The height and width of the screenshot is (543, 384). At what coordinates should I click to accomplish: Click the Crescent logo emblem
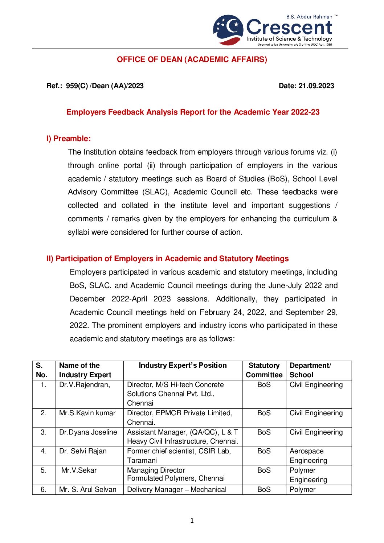pos(228,30)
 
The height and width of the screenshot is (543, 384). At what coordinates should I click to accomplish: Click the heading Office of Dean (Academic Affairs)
pos(192,59)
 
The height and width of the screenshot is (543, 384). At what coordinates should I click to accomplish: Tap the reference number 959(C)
pos(77,86)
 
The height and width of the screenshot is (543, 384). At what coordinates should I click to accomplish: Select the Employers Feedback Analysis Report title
pos(193,112)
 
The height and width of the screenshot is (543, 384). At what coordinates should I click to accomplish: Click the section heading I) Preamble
pos(69,139)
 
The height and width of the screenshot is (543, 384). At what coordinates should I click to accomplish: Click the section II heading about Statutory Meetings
pos(167,259)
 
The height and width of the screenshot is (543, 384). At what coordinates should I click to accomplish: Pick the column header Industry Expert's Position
pos(183,366)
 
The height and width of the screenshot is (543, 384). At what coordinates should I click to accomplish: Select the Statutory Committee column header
pos(264,370)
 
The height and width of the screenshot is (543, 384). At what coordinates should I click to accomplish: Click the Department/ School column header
pos(310,370)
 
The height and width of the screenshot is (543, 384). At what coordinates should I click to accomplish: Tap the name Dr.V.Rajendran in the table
pos(85,385)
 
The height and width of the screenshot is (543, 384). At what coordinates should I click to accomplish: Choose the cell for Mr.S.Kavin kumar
pos(87,413)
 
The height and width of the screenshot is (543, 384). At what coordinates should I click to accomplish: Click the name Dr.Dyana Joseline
pos(88,432)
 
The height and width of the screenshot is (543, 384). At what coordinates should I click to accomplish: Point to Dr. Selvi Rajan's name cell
pos(83,451)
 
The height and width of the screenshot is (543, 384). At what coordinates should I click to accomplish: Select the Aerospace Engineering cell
pos(308,456)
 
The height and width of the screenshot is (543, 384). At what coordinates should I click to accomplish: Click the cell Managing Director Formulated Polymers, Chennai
pos(176,474)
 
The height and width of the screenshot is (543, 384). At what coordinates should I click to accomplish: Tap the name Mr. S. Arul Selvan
pos(87,490)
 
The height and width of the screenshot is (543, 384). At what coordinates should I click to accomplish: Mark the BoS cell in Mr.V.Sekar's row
pos(264,470)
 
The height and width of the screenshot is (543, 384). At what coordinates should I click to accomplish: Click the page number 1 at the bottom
pos(192,521)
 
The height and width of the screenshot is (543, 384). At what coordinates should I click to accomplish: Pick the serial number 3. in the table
pos(43,432)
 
